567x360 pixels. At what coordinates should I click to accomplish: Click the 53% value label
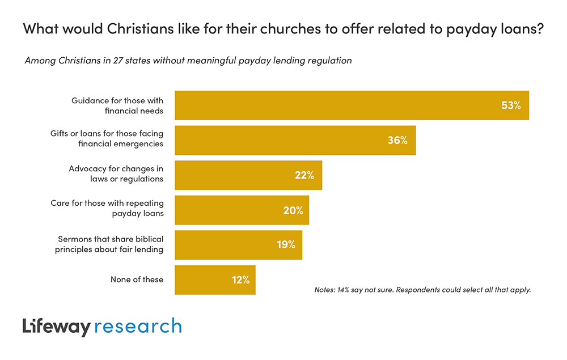[x=511, y=105]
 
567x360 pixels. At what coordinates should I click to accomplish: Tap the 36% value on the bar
[x=397, y=140]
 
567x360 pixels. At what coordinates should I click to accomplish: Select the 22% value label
[x=304, y=175]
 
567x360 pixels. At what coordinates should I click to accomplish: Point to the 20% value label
[x=293, y=210]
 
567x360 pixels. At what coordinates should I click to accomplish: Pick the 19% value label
[x=286, y=245]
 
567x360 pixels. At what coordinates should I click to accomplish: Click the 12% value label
[x=240, y=279]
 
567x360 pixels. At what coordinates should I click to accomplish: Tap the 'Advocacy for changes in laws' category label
[x=116, y=174]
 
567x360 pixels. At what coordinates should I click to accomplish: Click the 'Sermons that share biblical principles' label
[x=109, y=244]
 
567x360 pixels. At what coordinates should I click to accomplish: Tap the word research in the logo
[x=138, y=327]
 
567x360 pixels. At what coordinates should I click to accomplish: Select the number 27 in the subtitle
[x=86, y=60]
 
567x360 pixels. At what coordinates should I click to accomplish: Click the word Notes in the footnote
[x=325, y=290]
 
